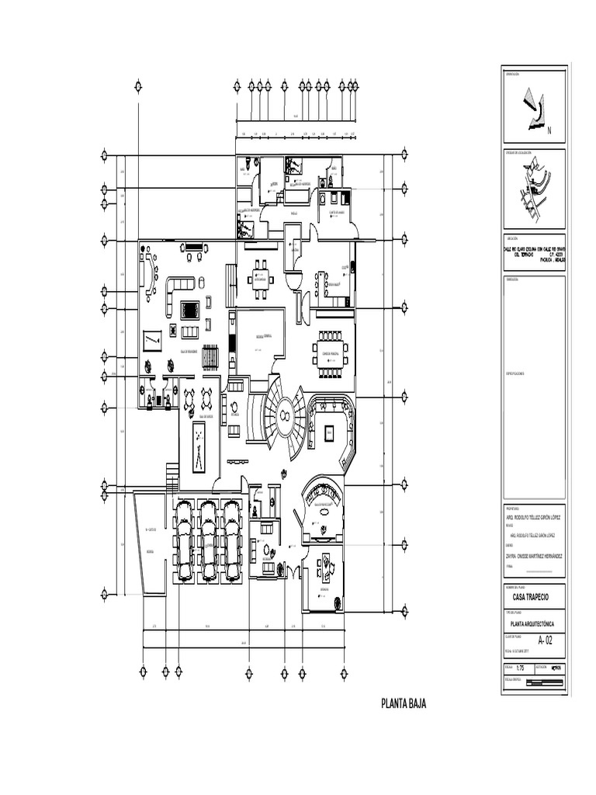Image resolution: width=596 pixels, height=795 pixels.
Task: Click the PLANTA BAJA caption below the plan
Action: [403, 704]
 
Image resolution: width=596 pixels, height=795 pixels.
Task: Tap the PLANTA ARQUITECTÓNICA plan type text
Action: [534, 623]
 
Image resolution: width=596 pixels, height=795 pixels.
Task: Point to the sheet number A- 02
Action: [542, 641]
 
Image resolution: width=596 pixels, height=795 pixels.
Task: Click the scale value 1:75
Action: [520, 667]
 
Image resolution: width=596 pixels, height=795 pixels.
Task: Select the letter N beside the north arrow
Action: [549, 130]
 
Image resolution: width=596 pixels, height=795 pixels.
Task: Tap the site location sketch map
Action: [534, 193]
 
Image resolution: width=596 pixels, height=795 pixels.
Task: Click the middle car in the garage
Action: [207, 539]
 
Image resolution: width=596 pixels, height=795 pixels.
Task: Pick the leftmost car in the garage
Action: [185, 539]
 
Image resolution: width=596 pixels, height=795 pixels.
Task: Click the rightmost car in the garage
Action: [230, 539]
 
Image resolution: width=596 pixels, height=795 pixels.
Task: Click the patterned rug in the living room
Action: [189, 311]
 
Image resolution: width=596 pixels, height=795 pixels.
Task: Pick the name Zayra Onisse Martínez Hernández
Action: [534, 556]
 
